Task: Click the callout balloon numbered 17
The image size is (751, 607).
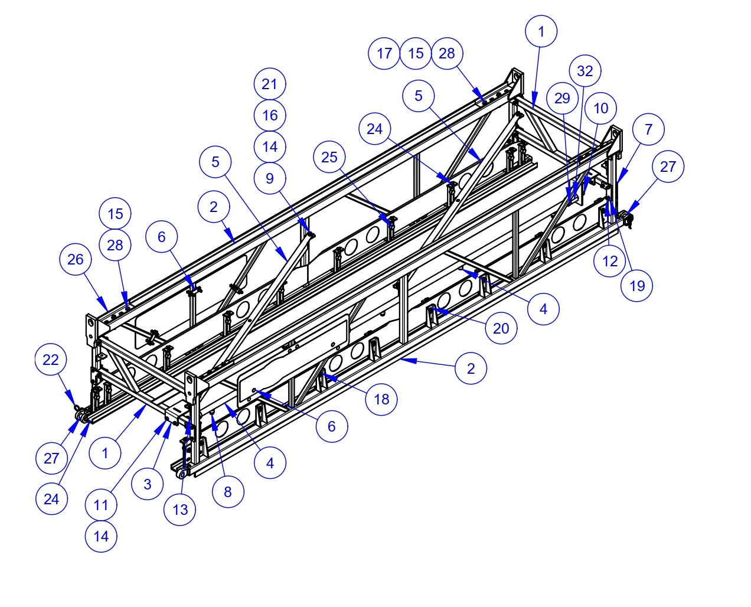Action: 384,53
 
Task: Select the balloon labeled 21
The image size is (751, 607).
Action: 270,84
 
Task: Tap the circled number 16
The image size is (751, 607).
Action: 270,115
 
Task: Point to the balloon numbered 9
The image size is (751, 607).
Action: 270,178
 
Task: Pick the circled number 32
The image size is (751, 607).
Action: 585,71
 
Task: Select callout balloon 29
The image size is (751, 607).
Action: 562,98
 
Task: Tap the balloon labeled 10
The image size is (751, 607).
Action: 600,109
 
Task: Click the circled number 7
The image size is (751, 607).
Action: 648,129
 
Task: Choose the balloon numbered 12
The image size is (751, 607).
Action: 610,260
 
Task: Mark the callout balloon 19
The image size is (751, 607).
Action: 637,286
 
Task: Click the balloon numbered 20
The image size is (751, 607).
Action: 501,328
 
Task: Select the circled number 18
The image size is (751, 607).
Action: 381,399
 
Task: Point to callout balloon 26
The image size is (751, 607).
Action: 76,260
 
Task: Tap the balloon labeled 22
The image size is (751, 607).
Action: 51,360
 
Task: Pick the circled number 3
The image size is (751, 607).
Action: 147,484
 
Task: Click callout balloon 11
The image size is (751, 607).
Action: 101,505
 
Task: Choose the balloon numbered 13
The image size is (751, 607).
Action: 180,509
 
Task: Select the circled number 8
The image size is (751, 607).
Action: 228,491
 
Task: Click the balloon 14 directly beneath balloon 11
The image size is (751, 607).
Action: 101,536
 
